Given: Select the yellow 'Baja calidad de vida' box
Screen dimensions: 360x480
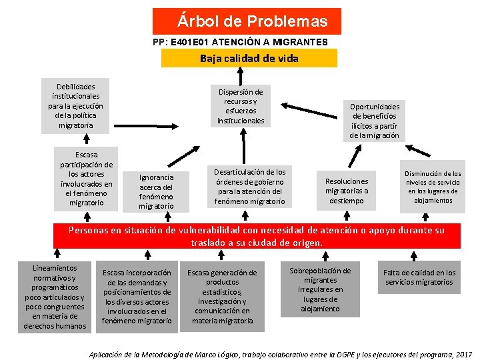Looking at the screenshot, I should (x=249, y=58).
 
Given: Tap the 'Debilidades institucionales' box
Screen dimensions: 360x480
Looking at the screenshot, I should (x=76, y=105).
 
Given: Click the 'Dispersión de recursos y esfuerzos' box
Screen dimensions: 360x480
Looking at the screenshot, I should (x=241, y=106).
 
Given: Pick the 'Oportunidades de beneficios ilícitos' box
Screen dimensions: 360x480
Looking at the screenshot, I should (x=375, y=121).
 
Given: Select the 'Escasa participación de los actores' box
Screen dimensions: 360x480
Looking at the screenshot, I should (x=86, y=179).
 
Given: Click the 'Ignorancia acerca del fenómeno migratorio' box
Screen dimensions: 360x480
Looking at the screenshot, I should (x=157, y=191).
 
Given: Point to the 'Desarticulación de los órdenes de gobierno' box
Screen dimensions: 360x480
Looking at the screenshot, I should (x=249, y=187).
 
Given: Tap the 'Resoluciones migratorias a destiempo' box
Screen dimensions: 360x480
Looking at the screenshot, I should (x=346, y=190).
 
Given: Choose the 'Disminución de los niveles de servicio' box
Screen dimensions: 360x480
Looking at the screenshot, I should (x=433, y=187).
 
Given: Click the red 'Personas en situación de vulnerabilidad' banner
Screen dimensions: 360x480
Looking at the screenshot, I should (x=257, y=236).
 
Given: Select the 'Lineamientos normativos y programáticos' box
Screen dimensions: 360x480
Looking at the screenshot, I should (x=55, y=297).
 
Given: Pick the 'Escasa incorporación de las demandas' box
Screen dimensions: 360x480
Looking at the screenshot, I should (x=137, y=297).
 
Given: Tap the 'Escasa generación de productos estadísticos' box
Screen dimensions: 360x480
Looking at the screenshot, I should (x=222, y=297).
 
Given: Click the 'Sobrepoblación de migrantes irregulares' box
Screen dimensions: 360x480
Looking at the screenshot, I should (x=320, y=289).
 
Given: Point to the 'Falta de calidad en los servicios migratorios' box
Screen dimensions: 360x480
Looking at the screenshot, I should (x=419, y=277).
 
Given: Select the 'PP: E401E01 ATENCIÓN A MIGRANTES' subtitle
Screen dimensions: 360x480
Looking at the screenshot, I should (x=240, y=42).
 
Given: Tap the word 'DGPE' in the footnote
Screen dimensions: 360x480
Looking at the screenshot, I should (x=323, y=354).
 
